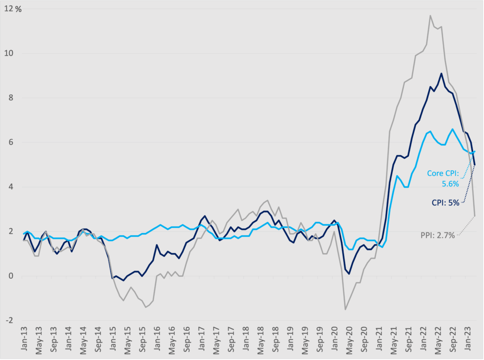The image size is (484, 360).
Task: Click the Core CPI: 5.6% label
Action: click(443, 178)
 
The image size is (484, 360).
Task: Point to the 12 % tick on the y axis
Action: click(12, 9)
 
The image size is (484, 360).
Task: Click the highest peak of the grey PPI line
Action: click(430, 16)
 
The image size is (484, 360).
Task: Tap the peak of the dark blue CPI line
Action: click(441, 73)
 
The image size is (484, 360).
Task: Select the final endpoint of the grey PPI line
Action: click(475, 216)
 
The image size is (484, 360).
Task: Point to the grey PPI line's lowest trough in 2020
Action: click(346, 309)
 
